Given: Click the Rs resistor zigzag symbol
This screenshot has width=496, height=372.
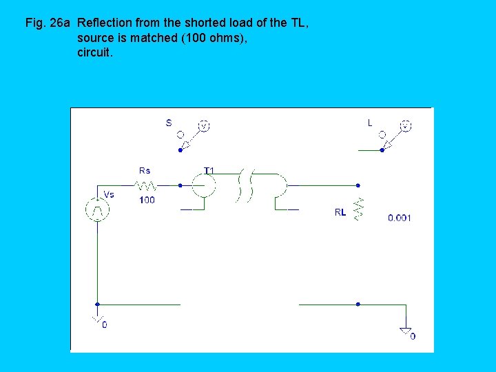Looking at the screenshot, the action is (146, 185).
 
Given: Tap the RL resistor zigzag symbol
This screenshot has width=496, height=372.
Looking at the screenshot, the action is (358, 209).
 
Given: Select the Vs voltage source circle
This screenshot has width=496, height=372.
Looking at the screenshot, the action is (98, 209).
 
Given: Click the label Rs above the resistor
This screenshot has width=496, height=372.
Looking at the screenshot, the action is (145, 170).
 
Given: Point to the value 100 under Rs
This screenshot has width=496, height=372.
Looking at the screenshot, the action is (147, 200).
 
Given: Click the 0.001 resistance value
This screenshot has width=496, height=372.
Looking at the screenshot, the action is (400, 218).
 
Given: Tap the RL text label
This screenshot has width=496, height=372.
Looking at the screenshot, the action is (340, 213).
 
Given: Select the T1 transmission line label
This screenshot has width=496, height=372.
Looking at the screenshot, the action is (209, 170).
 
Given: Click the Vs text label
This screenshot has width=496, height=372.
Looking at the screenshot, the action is (109, 194).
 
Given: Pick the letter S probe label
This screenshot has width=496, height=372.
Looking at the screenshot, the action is (169, 123).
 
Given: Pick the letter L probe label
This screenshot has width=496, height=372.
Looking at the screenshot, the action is (370, 123).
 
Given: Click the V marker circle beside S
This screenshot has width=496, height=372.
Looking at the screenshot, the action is (204, 126).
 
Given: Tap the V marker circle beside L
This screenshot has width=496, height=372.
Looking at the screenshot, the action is (406, 126).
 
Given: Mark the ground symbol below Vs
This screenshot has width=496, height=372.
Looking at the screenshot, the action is (98, 320).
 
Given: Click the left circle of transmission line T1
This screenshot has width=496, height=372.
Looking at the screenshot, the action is (203, 185).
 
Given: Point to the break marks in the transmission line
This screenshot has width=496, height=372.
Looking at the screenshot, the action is (245, 185).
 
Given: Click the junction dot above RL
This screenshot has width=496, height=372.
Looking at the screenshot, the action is (358, 185).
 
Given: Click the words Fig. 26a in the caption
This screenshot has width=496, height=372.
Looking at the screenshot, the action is (48, 23).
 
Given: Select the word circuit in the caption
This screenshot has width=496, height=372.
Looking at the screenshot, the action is (94, 52).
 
